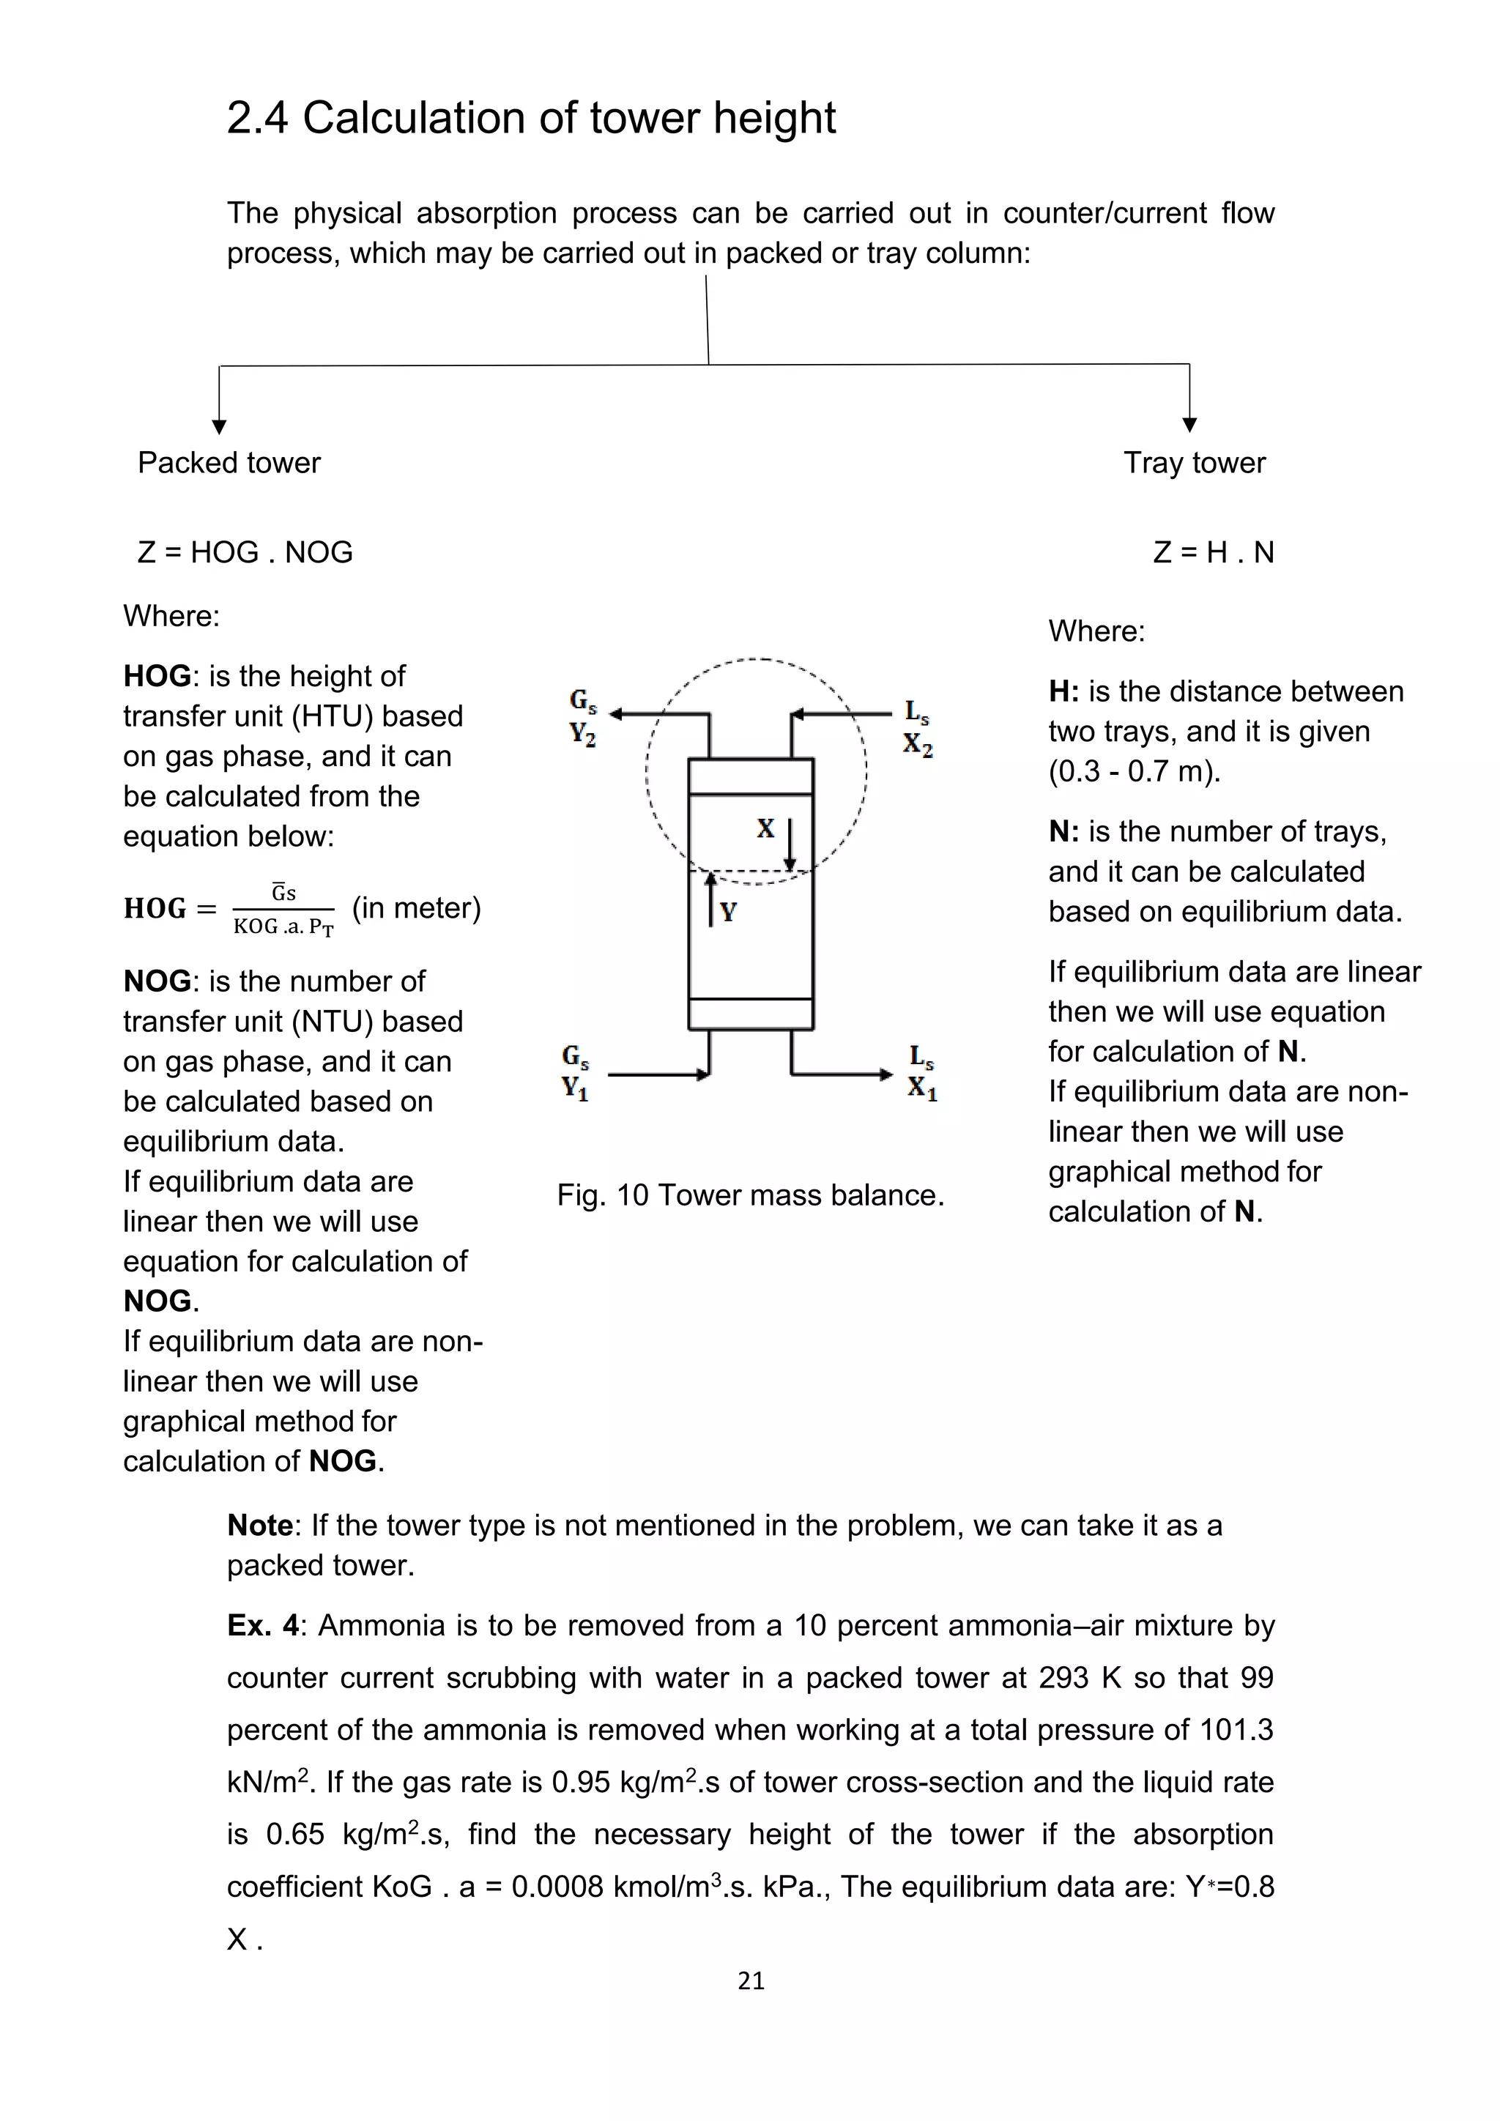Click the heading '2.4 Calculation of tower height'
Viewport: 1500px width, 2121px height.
[x=530, y=118]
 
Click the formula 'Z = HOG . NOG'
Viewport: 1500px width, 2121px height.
[x=245, y=551]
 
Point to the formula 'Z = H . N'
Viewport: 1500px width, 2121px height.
[x=1213, y=551]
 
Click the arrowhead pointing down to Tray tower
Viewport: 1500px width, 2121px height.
[x=1189, y=425]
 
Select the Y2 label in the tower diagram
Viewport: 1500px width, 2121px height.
[x=582, y=735]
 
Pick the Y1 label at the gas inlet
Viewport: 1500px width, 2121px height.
[x=574, y=1088]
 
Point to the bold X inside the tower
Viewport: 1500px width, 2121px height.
[x=765, y=828]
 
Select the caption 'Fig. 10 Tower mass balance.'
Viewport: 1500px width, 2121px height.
[x=750, y=1195]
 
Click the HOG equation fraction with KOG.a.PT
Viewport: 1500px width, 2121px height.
[x=283, y=910]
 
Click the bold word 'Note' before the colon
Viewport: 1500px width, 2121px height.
[x=259, y=1525]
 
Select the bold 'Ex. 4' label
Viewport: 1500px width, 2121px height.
[x=263, y=1625]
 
